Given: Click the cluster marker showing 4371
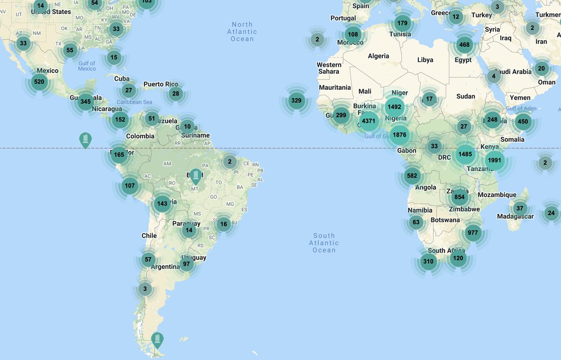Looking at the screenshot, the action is tap(368, 122).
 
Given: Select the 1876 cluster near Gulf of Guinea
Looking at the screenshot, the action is tap(400, 135).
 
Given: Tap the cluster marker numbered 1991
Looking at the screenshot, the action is tap(494, 160).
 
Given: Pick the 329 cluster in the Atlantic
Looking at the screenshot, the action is tap(296, 100).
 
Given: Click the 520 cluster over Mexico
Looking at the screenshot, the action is tap(39, 82).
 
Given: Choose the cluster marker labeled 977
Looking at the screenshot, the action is tap(473, 232).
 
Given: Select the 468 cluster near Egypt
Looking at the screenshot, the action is tap(464, 45).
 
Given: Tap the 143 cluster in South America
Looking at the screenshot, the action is tap(162, 203).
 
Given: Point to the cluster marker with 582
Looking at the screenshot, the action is tap(412, 176).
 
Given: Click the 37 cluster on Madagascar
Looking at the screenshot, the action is tap(520, 209).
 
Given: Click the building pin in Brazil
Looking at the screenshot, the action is tap(195, 176).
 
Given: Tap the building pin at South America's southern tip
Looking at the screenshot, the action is tap(158, 339).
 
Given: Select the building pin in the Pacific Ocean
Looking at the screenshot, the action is tap(85, 139).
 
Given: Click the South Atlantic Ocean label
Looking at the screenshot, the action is tap(324, 243).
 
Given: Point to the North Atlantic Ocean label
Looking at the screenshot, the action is tap(242, 32).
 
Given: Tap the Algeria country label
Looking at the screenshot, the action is tap(378, 56).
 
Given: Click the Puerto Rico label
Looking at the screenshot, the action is tap(161, 85).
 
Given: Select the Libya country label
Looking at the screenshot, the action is tap(425, 60).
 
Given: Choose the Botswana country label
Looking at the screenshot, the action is tap(445, 220).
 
